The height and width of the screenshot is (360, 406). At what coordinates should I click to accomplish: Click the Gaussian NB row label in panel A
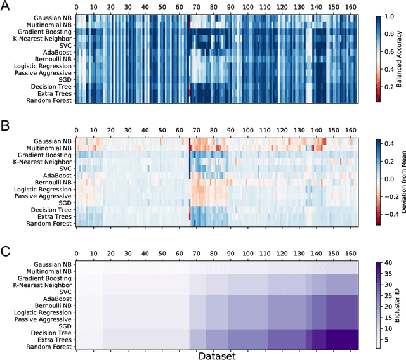pyautogui.click(x=53, y=18)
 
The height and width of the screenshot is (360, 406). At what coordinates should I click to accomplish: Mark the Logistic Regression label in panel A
pyautogui.click(x=42, y=67)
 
